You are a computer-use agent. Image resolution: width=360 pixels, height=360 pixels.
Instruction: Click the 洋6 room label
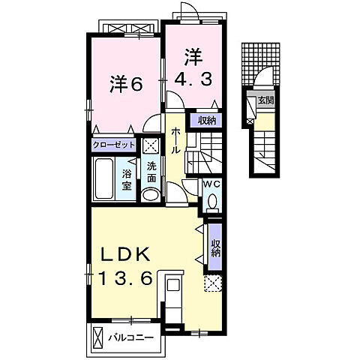(x=126, y=85)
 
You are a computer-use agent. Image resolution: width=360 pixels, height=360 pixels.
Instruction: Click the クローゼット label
(x=114, y=145)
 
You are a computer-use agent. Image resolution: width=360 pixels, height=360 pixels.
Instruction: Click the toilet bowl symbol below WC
(x=212, y=202)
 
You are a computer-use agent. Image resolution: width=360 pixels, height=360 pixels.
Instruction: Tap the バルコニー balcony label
(x=135, y=337)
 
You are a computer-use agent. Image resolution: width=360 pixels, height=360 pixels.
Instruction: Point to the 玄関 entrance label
(x=265, y=101)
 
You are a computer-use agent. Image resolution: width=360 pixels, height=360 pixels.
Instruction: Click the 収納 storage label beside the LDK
(x=215, y=247)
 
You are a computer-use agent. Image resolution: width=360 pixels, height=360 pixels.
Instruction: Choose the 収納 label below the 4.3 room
(x=208, y=120)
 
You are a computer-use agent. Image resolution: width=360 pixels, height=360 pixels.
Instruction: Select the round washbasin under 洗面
(x=151, y=194)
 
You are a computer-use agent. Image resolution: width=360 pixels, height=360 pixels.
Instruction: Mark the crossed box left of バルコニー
(x=97, y=337)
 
